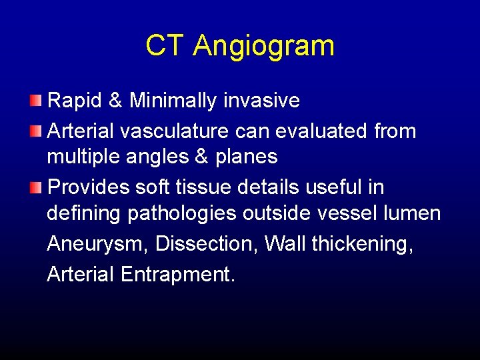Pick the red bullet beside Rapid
pyautogui.click(x=35, y=101)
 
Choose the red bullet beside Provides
pyautogui.click(x=35, y=187)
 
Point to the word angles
pyautogui.click(x=157, y=157)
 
